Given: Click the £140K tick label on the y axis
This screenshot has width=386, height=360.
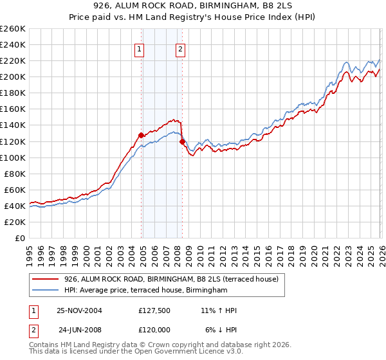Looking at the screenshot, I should coord(13,125).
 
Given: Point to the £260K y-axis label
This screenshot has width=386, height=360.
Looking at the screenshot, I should coord(13,29).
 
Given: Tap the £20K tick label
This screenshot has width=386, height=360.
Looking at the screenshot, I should coord(15,222).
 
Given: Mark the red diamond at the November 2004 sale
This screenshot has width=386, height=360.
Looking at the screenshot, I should coord(141,135).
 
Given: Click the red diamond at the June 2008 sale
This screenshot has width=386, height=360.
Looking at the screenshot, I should coord(182,141).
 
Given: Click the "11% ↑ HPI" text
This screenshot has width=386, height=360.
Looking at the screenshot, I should coord(218,310).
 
